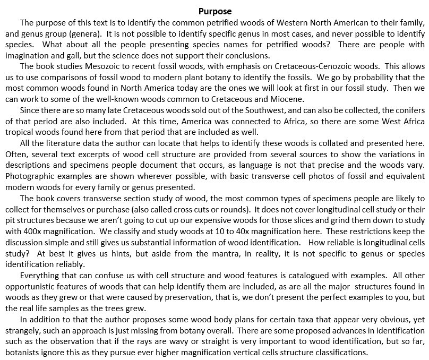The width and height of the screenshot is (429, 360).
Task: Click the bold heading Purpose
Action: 214,11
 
